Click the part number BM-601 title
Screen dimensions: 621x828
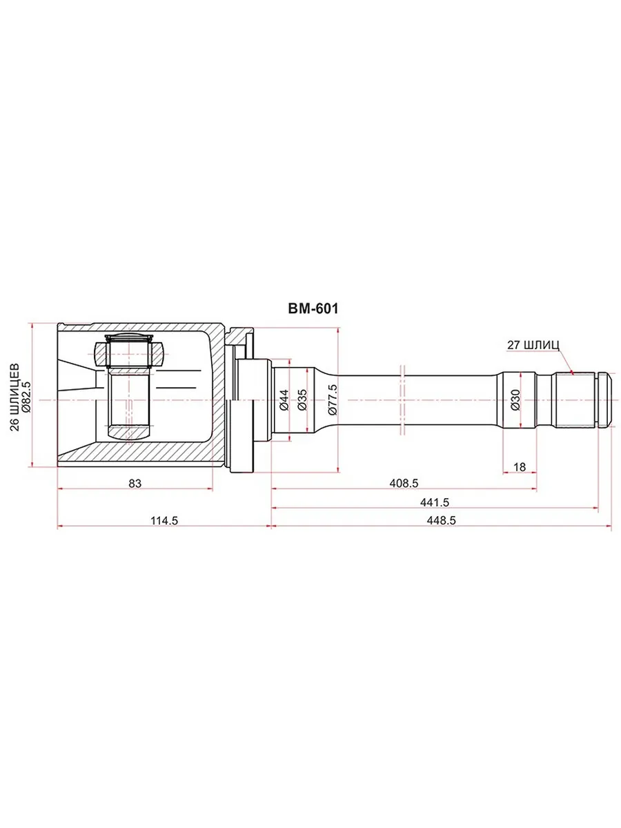point(313,309)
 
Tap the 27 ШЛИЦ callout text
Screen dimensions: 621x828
point(533,345)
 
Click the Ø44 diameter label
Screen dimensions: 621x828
point(284,400)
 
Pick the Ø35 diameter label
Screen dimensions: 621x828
point(302,400)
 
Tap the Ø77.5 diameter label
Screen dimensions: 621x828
point(333,400)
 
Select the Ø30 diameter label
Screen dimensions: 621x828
point(515,400)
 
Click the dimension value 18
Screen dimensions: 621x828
point(520,467)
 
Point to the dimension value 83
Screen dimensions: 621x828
point(135,483)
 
